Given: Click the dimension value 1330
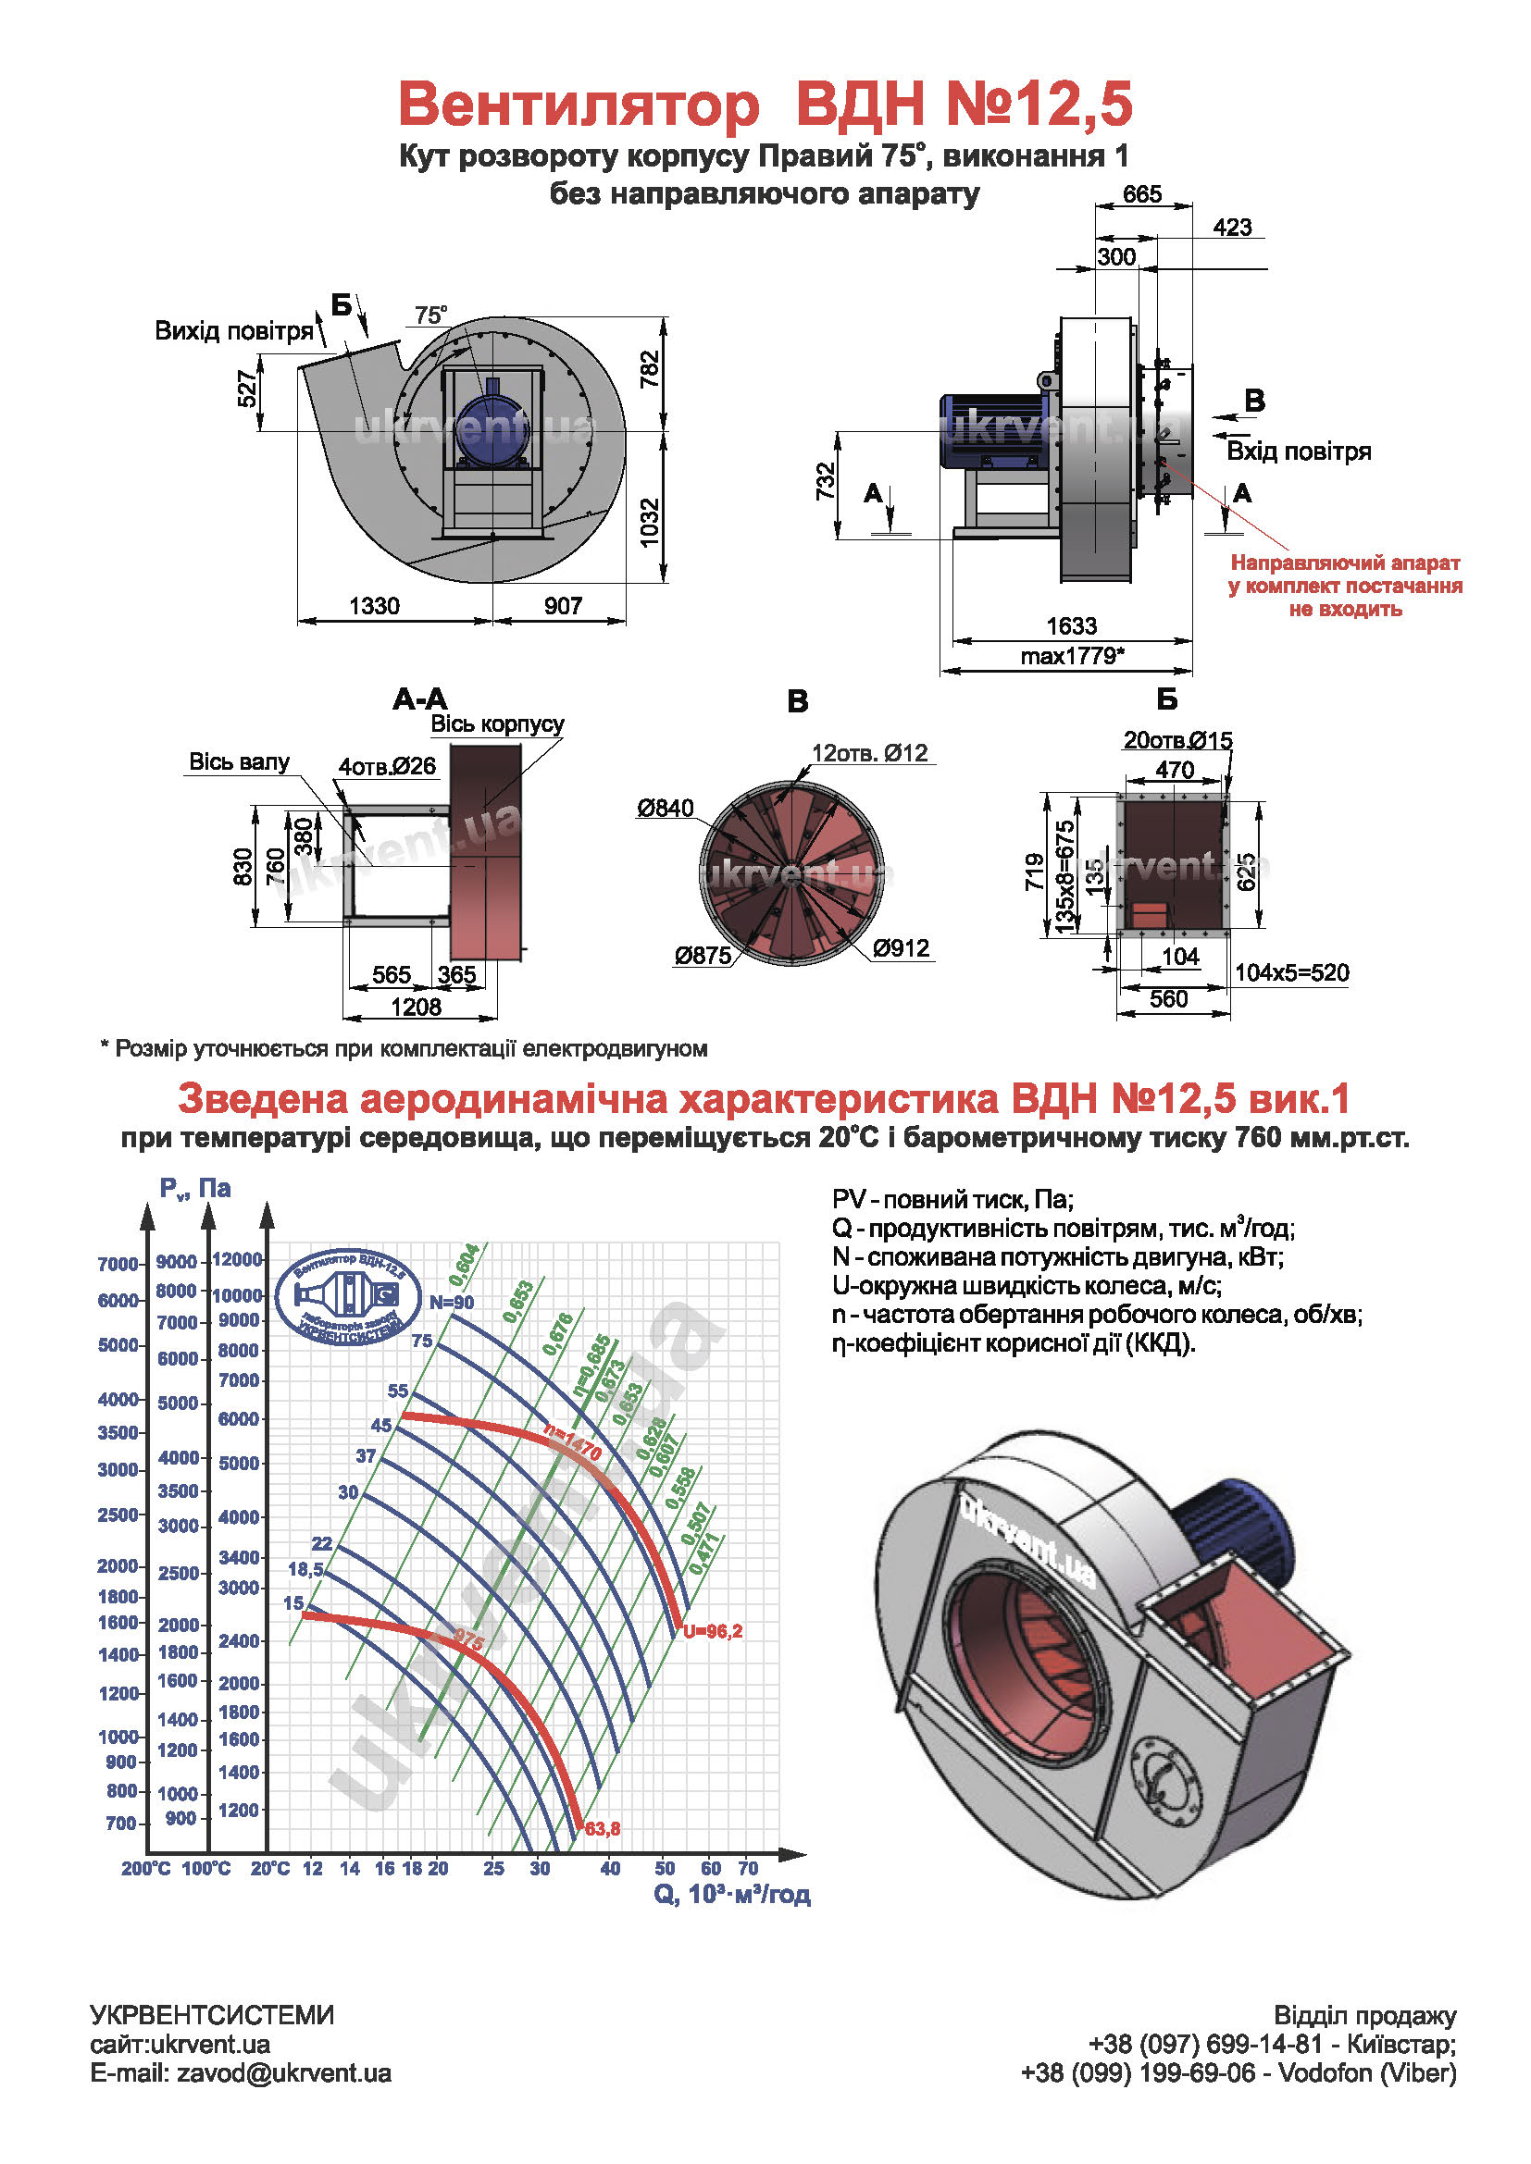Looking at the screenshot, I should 374,606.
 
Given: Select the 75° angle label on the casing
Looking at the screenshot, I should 430,315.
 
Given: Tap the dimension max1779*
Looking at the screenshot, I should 1072,656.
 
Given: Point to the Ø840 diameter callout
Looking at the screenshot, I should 665,808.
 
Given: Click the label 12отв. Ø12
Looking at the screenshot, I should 869,753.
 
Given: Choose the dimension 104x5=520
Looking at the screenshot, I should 1291,972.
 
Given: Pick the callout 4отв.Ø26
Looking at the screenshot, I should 388,766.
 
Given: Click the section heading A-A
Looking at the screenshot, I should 419,699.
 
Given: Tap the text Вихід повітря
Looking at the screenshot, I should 233,331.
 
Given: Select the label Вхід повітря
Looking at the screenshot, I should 1298,451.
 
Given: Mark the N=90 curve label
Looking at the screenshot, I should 452,1303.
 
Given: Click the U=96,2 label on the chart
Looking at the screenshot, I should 713,1631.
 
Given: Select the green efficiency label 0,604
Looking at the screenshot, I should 464,1266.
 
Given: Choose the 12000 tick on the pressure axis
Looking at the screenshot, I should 237,1259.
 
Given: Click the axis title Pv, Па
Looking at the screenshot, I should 195,1189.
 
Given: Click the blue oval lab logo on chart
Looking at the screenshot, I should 349,1297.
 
